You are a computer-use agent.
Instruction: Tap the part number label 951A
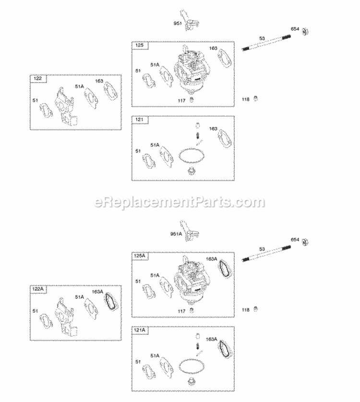tap(176, 234)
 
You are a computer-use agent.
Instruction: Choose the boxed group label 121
tap(140, 119)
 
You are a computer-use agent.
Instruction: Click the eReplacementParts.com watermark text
tap(180, 202)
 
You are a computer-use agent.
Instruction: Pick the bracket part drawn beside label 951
tap(187, 22)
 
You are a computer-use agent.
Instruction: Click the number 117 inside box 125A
tap(181, 310)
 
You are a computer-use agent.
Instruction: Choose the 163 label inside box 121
tap(213, 129)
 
